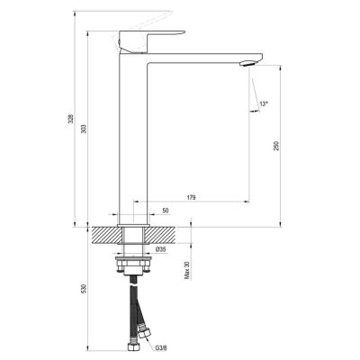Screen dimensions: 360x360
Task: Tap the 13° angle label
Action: pos(263,106)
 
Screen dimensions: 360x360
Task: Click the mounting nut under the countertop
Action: pos(132,264)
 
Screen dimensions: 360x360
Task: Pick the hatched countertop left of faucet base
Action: pos(106,233)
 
